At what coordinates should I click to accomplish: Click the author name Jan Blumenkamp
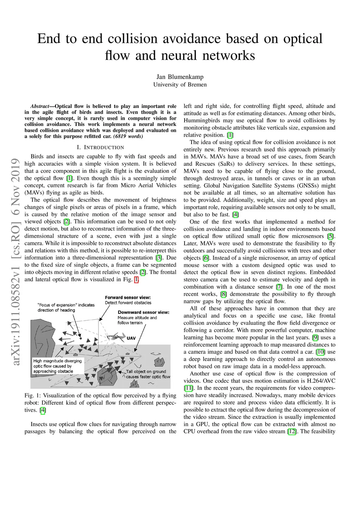(x=180, y=77)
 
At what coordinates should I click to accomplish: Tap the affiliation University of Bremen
(x=180, y=85)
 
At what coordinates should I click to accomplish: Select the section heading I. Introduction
(x=100, y=147)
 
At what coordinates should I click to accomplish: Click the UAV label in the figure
(x=131, y=338)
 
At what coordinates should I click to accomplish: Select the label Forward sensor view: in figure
(x=128, y=297)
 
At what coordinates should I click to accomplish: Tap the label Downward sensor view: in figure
(x=143, y=312)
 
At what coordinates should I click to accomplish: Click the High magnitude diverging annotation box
(x=58, y=366)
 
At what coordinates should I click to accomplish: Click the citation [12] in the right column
(x=292, y=431)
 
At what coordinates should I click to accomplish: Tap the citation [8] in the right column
(x=223, y=294)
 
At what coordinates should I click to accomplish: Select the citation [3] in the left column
(x=159, y=258)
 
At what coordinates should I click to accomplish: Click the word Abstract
(x=40, y=106)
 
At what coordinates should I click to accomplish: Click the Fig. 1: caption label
(x=32, y=395)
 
